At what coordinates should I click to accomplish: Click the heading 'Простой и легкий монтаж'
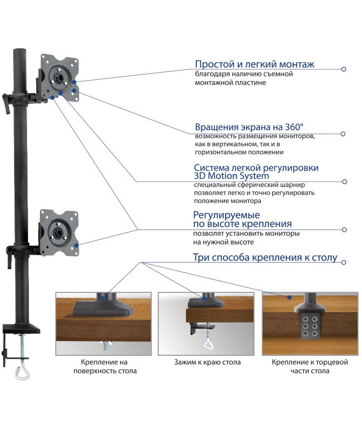tap(254, 64)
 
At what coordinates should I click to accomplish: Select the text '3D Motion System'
tap(231, 176)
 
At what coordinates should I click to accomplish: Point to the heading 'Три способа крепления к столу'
tap(265, 258)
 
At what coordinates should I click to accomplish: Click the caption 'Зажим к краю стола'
tap(207, 362)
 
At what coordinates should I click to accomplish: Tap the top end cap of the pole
tap(19, 50)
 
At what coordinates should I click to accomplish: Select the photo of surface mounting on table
tap(104, 323)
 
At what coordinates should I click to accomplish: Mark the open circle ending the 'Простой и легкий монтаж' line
tap(344, 69)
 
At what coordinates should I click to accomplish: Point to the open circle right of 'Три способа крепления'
tap(344, 262)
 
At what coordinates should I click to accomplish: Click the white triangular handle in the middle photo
tap(209, 345)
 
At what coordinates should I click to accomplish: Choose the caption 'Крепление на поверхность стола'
tap(104, 367)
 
